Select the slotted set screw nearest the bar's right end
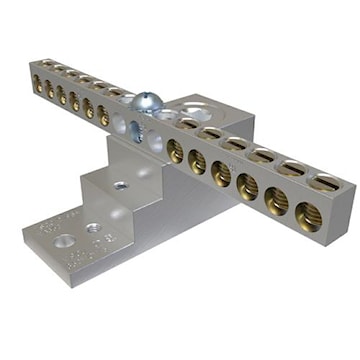327,183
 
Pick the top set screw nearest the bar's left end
42,63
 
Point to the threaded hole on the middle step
119,186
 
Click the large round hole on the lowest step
67,241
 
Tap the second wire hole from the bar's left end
49,89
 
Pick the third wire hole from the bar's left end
61,95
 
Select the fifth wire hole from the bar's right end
198,160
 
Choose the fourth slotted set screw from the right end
237,145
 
